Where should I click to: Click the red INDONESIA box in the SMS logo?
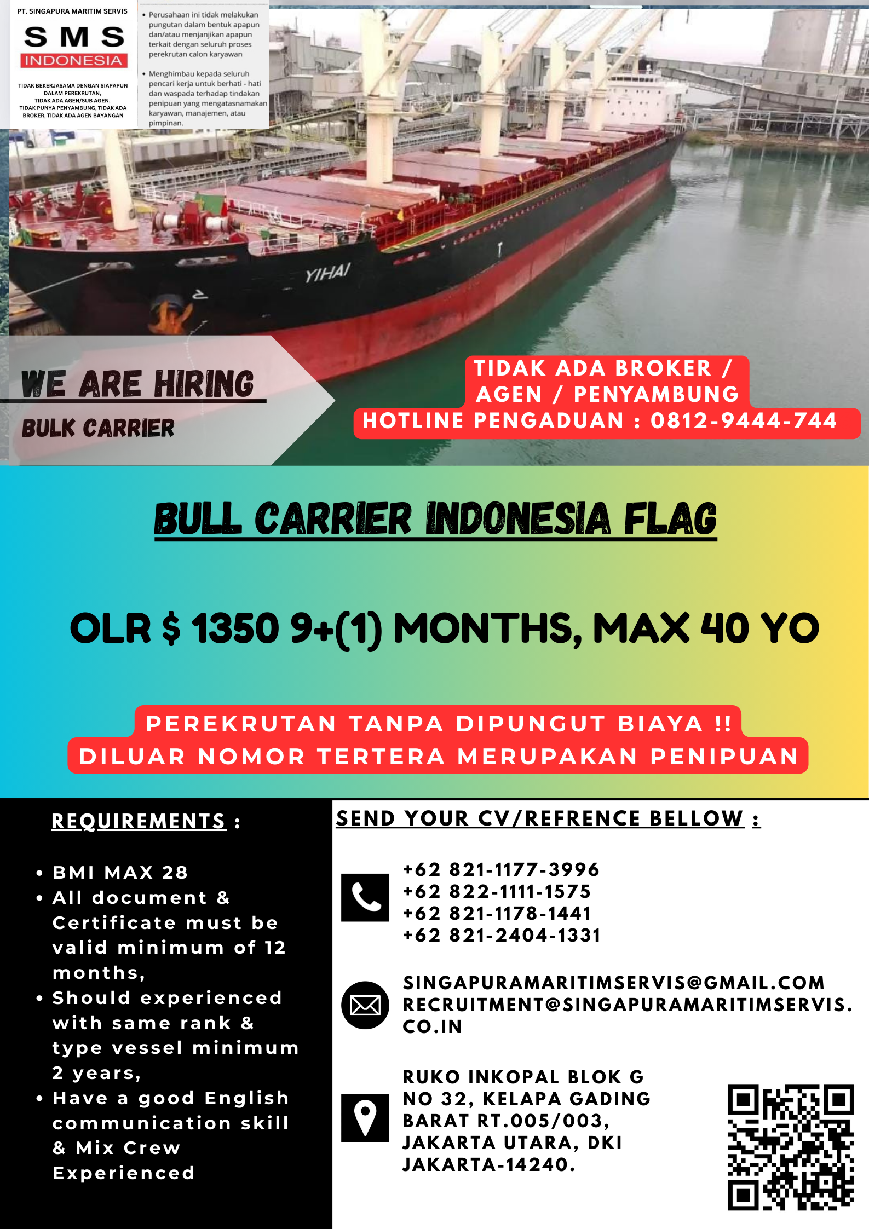pyautogui.click(x=74, y=60)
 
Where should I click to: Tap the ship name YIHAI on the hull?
pyautogui.click(x=327, y=272)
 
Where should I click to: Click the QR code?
pyautogui.click(x=791, y=1147)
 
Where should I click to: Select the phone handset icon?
pyautogui.click(x=365, y=897)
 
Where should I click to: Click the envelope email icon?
pyautogui.click(x=365, y=1005)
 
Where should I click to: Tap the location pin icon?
pyautogui.click(x=365, y=1118)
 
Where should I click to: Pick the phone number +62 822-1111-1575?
pyautogui.click(x=497, y=891)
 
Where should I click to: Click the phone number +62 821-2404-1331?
pyautogui.click(x=502, y=935)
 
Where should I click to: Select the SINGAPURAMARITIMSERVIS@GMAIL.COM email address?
pyautogui.click(x=613, y=983)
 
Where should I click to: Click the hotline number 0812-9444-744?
pyautogui.click(x=744, y=420)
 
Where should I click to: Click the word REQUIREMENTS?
pyautogui.click(x=139, y=821)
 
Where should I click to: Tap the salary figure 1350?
pyautogui.click(x=235, y=628)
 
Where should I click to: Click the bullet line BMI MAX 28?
pyautogui.click(x=120, y=872)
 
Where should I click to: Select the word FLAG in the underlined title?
pyautogui.click(x=670, y=518)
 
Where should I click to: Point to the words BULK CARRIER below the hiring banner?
pyautogui.click(x=98, y=428)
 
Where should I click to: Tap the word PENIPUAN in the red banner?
pyautogui.click(x=724, y=757)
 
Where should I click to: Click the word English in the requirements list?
pyautogui.click(x=246, y=1098)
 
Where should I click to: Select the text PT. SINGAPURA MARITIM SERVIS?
pyautogui.click(x=72, y=11)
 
